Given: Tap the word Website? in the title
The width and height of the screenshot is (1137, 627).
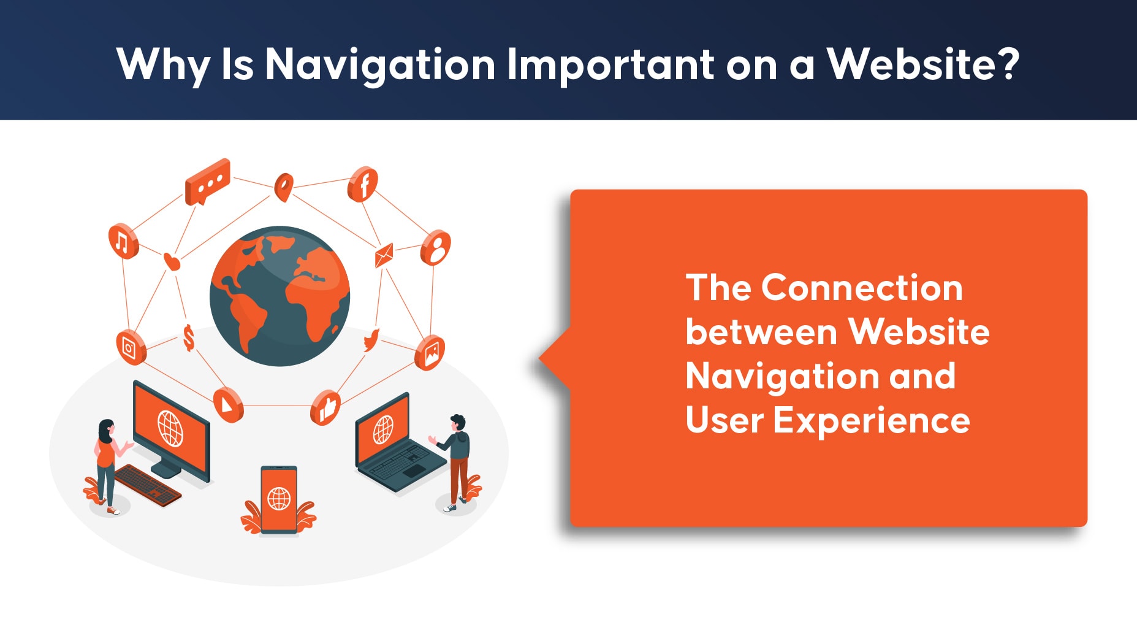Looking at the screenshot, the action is coord(924,63).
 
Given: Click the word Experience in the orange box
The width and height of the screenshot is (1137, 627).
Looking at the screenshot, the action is coord(872,421).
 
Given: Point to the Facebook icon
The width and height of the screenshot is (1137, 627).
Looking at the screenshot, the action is coord(363,184).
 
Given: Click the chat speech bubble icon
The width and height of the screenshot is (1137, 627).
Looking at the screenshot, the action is coord(207,182).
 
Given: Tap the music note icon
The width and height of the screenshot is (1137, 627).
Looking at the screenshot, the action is coord(123,241).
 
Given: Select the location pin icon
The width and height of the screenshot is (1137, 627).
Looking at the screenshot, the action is coord(283,187).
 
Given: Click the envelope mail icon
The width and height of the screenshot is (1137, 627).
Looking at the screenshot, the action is coord(384,255).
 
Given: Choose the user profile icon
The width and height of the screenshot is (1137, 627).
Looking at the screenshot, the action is coord(436,248).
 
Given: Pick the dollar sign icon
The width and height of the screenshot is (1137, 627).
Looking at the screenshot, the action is coord(189,338).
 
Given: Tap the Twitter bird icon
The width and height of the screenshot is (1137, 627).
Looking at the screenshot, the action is coord(371,340).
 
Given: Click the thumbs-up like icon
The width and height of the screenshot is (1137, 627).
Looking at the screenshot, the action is coord(325,407).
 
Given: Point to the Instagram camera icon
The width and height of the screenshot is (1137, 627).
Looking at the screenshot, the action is coord(131,347).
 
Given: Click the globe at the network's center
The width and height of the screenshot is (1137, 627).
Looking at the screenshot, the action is coord(279,296).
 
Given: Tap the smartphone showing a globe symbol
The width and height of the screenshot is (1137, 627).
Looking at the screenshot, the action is coord(279,499).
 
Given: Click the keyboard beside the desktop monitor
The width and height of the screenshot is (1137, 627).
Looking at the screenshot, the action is coord(148,485).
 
